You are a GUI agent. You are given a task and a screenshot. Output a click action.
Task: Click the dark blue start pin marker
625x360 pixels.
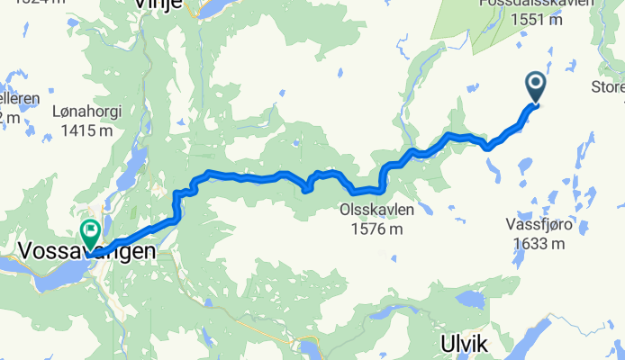[536, 87]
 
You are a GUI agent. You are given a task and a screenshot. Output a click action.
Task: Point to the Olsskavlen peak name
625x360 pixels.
[376, 211]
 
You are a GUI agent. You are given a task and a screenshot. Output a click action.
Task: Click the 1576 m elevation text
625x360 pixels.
[376, 229]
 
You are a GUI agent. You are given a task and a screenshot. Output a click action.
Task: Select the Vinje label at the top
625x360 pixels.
[158, 4]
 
